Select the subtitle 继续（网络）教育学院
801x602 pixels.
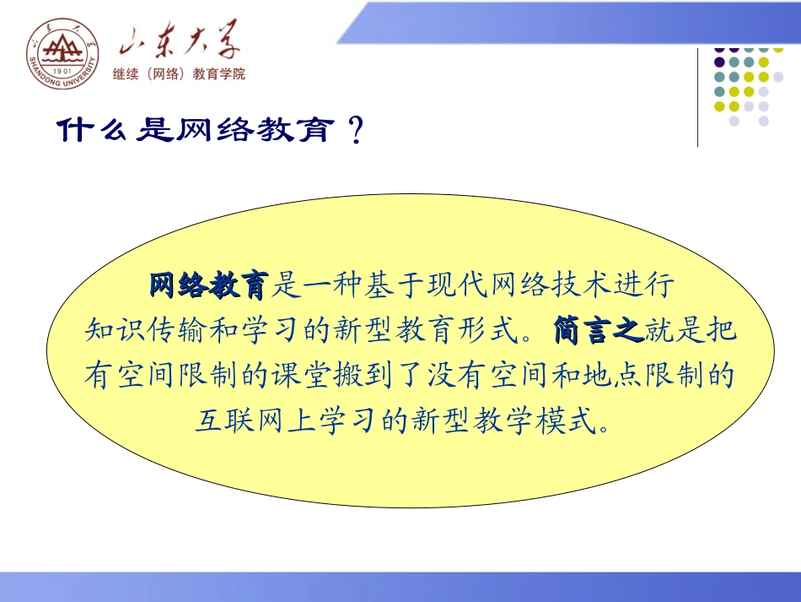[179, 74]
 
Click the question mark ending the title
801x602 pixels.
[355, 131]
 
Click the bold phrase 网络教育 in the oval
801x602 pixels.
[208, 285]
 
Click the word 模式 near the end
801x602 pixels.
[565, 417]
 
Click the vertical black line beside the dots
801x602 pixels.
[697, 97]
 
